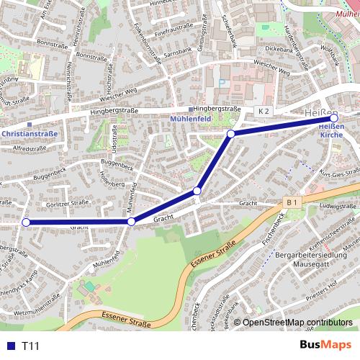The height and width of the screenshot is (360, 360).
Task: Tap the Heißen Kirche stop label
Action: (330, 131)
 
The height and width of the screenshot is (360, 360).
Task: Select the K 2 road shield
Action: (264, 111)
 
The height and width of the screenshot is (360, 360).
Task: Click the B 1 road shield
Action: (291, 204)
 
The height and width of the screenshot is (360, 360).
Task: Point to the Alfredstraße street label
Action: (30, 148)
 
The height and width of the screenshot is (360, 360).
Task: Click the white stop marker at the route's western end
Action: (27, 222)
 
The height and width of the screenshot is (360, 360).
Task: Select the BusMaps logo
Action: (326, 346)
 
